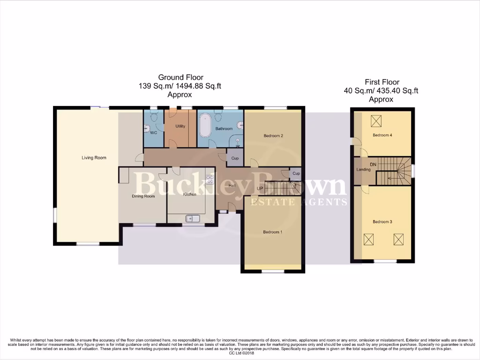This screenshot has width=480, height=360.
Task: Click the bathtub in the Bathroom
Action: point(205,128)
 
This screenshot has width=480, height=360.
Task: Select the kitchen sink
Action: point(192,218)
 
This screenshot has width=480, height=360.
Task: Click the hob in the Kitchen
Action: point(210,179)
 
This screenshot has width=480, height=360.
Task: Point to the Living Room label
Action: point(94,158)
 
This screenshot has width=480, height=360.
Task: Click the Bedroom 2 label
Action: point(273,136)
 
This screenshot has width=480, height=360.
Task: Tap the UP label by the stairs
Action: point(260,189)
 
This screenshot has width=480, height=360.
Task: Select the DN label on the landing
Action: point(373,165)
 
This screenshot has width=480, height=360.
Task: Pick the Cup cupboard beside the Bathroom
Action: point(235,158)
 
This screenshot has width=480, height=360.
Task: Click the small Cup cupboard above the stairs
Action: point(296,173)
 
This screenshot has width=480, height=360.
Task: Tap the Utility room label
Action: point(180,127)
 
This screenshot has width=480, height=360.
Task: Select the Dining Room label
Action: point(143,196)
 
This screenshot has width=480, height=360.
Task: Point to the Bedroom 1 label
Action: point(272,232)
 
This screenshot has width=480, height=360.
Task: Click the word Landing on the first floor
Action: point(363,170)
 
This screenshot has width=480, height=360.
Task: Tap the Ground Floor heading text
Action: point(180,77)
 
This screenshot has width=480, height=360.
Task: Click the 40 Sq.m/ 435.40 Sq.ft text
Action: point(381,90)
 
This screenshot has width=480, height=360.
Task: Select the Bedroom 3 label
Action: point(382,222)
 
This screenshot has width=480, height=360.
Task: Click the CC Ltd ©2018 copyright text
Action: point(240,353)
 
